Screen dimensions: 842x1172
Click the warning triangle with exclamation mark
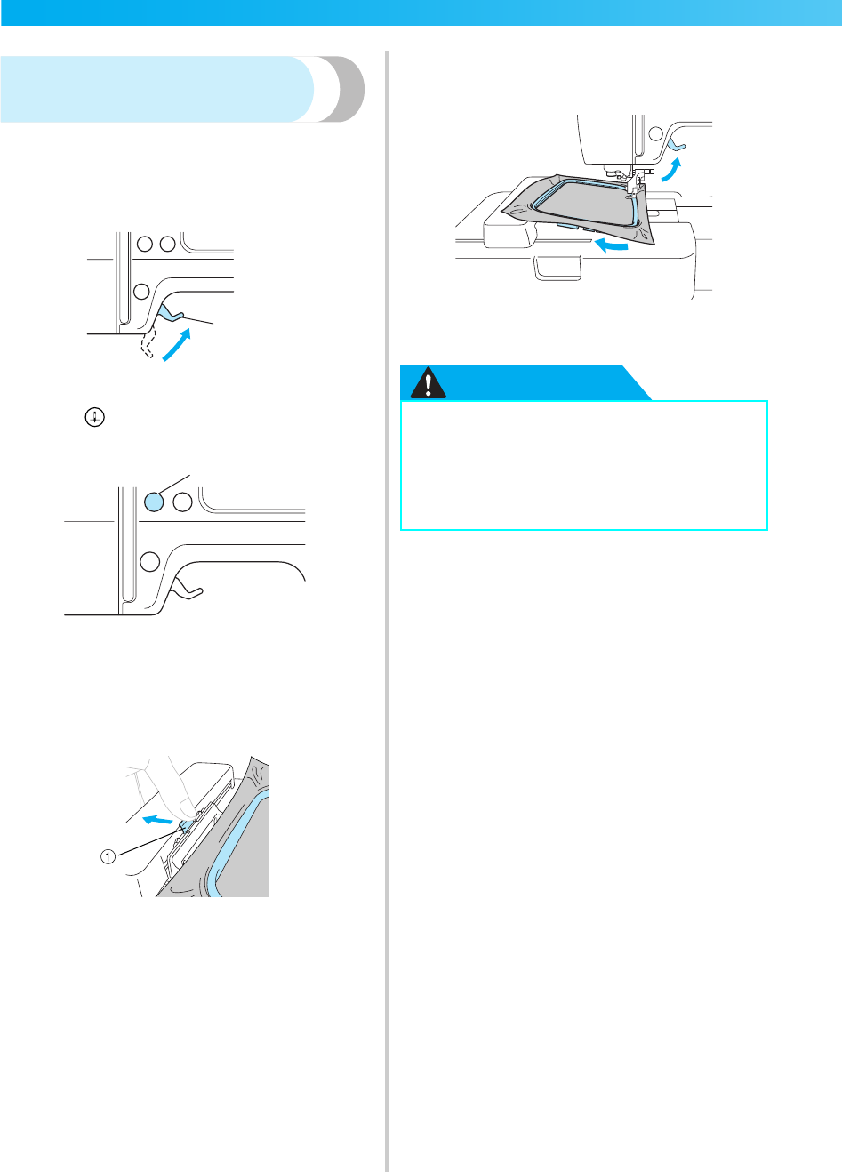(429, 383)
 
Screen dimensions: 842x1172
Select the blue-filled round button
(153, 502)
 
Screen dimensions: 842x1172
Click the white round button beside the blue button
(183, 502)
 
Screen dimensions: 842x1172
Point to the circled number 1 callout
(108, 857)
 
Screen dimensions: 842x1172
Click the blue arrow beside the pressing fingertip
(157, 819)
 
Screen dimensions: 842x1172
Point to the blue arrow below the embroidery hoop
(612, 244)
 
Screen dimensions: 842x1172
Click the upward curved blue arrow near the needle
(671, 170)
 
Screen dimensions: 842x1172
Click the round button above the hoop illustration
(655, 134)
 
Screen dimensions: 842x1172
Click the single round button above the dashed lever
(140, 291)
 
